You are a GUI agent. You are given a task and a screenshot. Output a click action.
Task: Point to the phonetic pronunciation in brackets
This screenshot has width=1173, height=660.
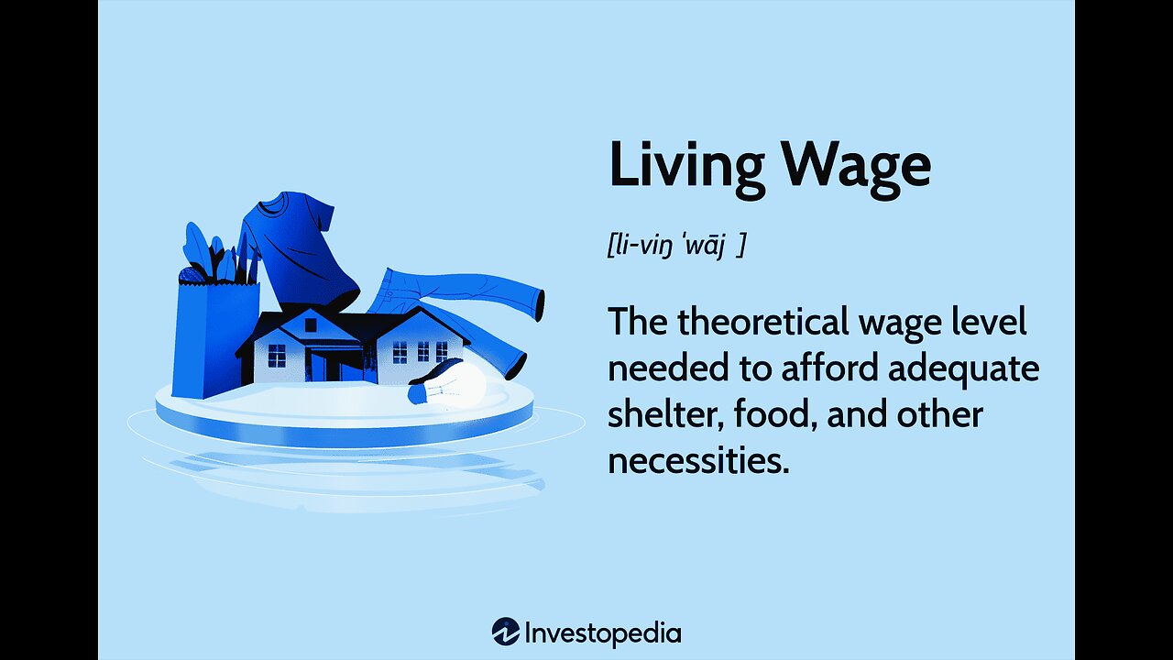(x=676, y=245)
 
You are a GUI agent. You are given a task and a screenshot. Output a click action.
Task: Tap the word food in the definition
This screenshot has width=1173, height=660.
(x=774, y=413)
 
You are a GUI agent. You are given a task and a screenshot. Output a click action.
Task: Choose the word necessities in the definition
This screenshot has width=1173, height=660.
(x=698, y=460)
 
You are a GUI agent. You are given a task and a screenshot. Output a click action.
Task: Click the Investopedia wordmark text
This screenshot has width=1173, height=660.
(x=603, y=633)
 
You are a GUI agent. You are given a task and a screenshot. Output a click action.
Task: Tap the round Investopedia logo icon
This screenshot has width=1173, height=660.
(x=505, y=632)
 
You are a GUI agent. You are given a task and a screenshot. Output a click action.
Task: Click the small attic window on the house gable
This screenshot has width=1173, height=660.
(x=311, y=325)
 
